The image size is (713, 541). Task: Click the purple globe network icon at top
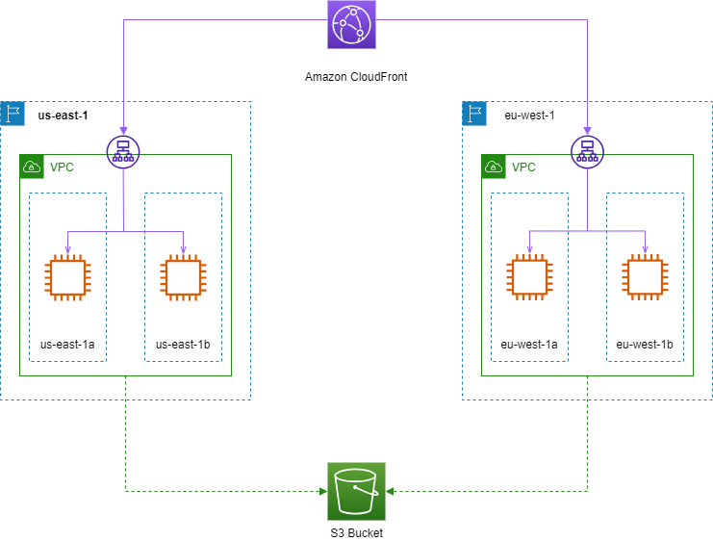tap(351, 24)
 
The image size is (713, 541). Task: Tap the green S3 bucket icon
tap(356, 491)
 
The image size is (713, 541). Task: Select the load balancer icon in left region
tap(123, 152)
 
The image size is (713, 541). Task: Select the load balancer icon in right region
tap(587, 152)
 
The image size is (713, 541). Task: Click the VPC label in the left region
tap(62, 167)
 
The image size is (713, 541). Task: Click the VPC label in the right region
tap(523, 167)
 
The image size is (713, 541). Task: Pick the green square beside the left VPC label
tap(32, 167)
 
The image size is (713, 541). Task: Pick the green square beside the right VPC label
tap(494, 167)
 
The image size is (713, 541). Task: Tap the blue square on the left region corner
tap(13, 114)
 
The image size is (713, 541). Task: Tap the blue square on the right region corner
tap(474, 114)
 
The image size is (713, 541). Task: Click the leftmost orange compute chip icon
tap(67, 277)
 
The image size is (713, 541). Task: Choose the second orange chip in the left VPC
tap(183, 277)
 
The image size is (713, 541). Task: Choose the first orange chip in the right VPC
tap(529, 277)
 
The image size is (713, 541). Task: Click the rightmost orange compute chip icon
tap(645, 277)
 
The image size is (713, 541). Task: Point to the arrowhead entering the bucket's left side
tap(323, 491)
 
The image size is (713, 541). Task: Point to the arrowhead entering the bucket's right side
tap(390, 491)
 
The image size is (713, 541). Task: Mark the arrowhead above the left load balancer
tap(123, 130)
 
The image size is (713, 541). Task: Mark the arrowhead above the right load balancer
tap(587, 130)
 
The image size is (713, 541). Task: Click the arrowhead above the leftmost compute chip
tap(67, 250)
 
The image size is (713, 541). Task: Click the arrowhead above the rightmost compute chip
tap(645, 250)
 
